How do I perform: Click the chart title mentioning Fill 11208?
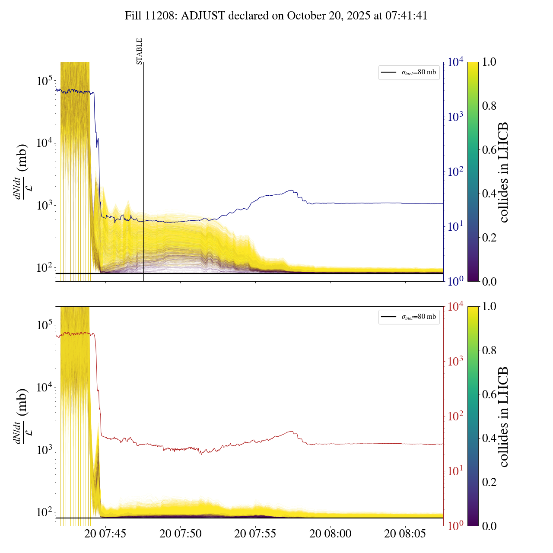click(x=276, y=16)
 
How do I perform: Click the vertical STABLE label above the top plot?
click(x=139, y=51)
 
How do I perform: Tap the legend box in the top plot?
click(x=409, y=72)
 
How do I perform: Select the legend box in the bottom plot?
click(x=409, y=317)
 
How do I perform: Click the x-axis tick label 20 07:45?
click(x=105, y=534)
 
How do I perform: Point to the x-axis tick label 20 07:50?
click(x=181, y=534)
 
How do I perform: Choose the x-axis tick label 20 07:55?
click(x=255, y=534)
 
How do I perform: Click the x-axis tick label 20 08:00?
click(x=331, y=534)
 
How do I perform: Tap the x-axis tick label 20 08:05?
click(x=405, y=534)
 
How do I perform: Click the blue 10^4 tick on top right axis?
click(x=456, y=62)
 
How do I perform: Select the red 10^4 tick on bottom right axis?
click(x=456, y=306)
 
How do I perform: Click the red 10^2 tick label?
click(x=456, y=416)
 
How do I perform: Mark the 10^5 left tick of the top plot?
click(x=44, y=81)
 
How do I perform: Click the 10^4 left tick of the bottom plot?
click(x=44, y=387)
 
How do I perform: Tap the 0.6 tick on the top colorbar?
click(x=489, y=150)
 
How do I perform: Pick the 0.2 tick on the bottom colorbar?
click(x=489, y=482)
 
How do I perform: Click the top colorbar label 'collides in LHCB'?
click(x=503, y=172)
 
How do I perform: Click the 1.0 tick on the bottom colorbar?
click(x=489, y=306)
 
